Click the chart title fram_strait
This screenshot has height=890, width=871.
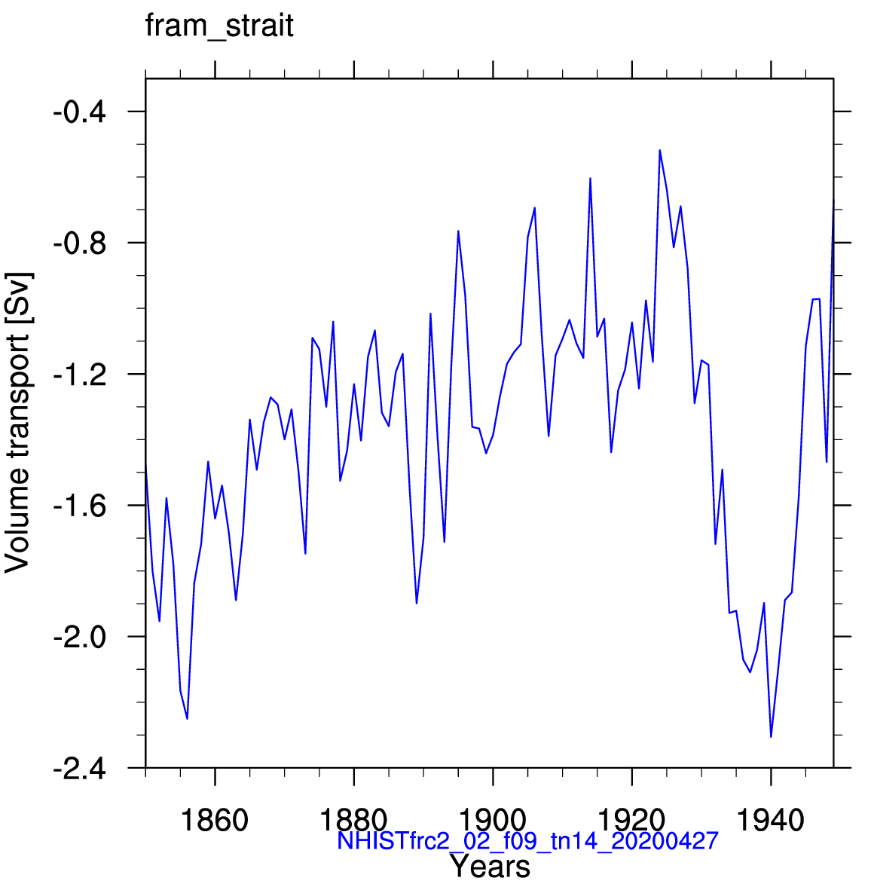[219, 26]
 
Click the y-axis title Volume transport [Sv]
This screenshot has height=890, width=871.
[17, 423]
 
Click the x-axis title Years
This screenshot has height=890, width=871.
[491, 867]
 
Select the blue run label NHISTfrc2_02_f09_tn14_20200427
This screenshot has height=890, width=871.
[527, 840]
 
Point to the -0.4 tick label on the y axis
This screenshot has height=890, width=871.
[79, 112]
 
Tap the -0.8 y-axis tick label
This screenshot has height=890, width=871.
[79, 243]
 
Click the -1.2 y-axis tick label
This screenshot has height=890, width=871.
[79, 375]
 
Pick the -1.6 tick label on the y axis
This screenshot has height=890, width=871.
[79, 506]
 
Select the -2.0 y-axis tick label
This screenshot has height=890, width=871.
[79, 637]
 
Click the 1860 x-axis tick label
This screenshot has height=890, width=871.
[215, 820]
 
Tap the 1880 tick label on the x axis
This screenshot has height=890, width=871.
[353, 820]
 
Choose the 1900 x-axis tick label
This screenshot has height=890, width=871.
[493, 820]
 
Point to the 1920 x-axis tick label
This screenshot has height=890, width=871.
[631, 820]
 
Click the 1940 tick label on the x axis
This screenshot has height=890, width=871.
[771, 820]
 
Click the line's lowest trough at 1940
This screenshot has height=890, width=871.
[771, 737]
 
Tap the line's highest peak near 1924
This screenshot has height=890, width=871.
[659, 151]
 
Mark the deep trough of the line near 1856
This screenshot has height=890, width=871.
[188, 719]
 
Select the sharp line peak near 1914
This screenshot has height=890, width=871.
[590, 179]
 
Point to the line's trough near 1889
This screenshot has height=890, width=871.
[417, 604]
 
